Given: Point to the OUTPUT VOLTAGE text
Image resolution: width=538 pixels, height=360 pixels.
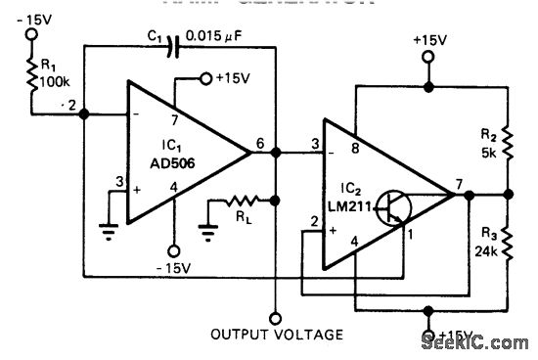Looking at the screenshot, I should pyautogui.click(x=277, y=335).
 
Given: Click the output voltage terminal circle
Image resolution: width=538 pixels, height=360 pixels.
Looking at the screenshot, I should pyautogui.click(x=277, y=316).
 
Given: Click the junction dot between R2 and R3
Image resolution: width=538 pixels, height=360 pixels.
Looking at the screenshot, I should pyautogui.click(x=509, y=194).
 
